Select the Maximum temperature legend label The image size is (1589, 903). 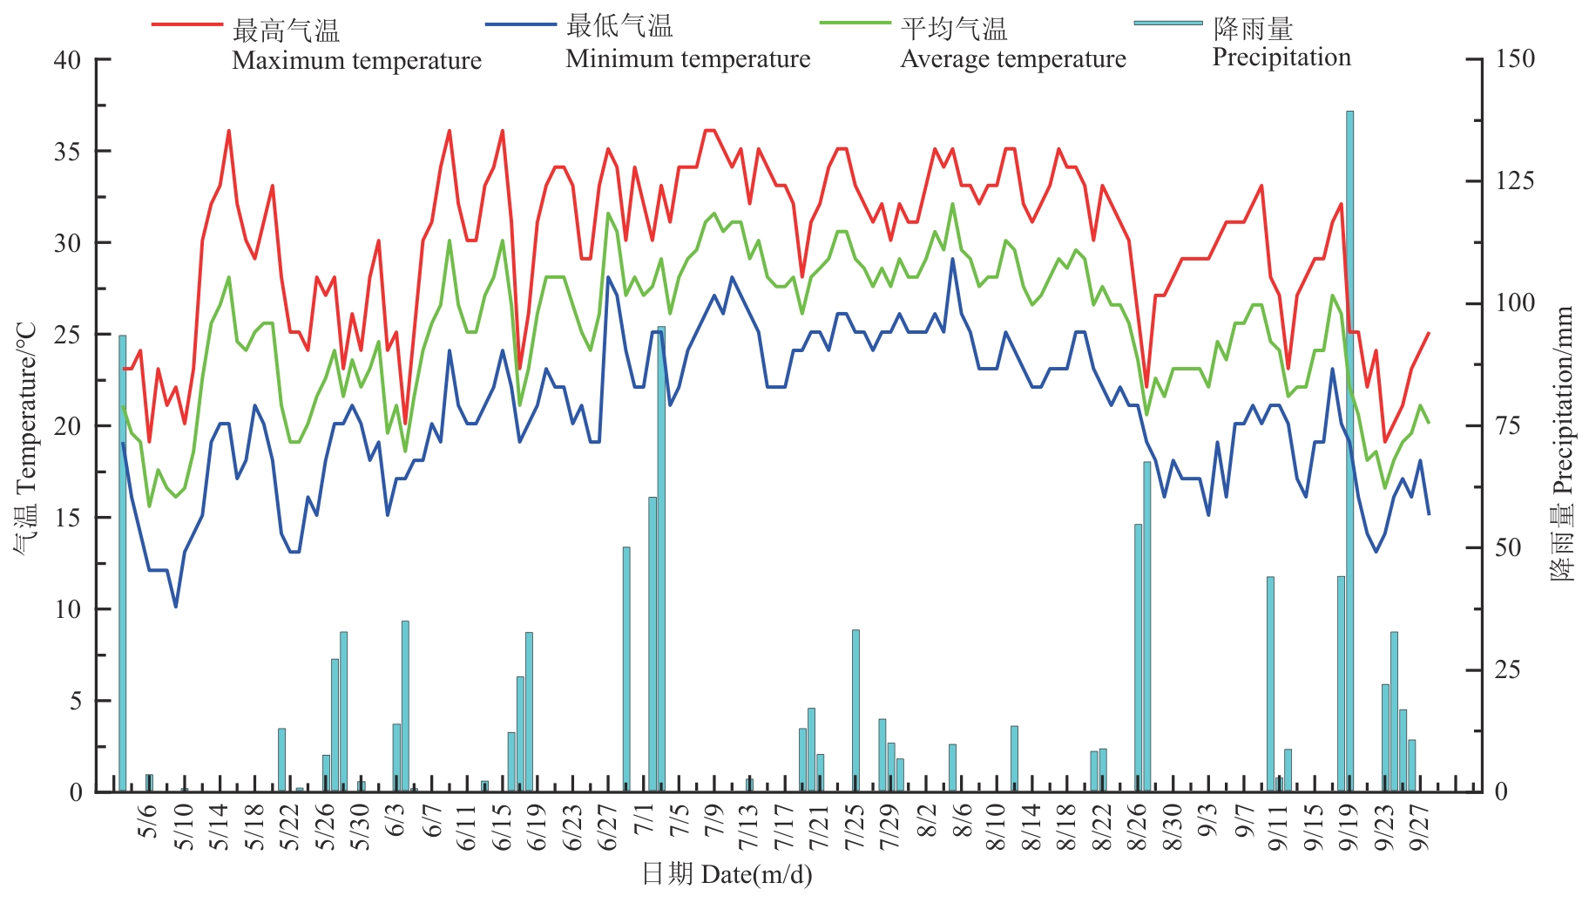click(356, 61)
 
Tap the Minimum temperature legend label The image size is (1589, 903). click(687, 59)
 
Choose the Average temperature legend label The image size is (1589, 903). click(1012, 59)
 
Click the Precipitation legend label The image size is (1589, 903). click(1281, 58)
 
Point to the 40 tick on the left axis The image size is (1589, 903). click(67, 60)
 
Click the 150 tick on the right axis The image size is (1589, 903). click(1515, 59)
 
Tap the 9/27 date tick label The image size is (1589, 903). click(1420, 828)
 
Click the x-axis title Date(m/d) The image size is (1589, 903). click(755, 874)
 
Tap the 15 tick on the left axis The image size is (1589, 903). click(67, 518)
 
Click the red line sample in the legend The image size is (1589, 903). click(186, 24)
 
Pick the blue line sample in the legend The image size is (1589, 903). click(520, 24)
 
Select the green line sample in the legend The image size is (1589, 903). click(855, 24)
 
